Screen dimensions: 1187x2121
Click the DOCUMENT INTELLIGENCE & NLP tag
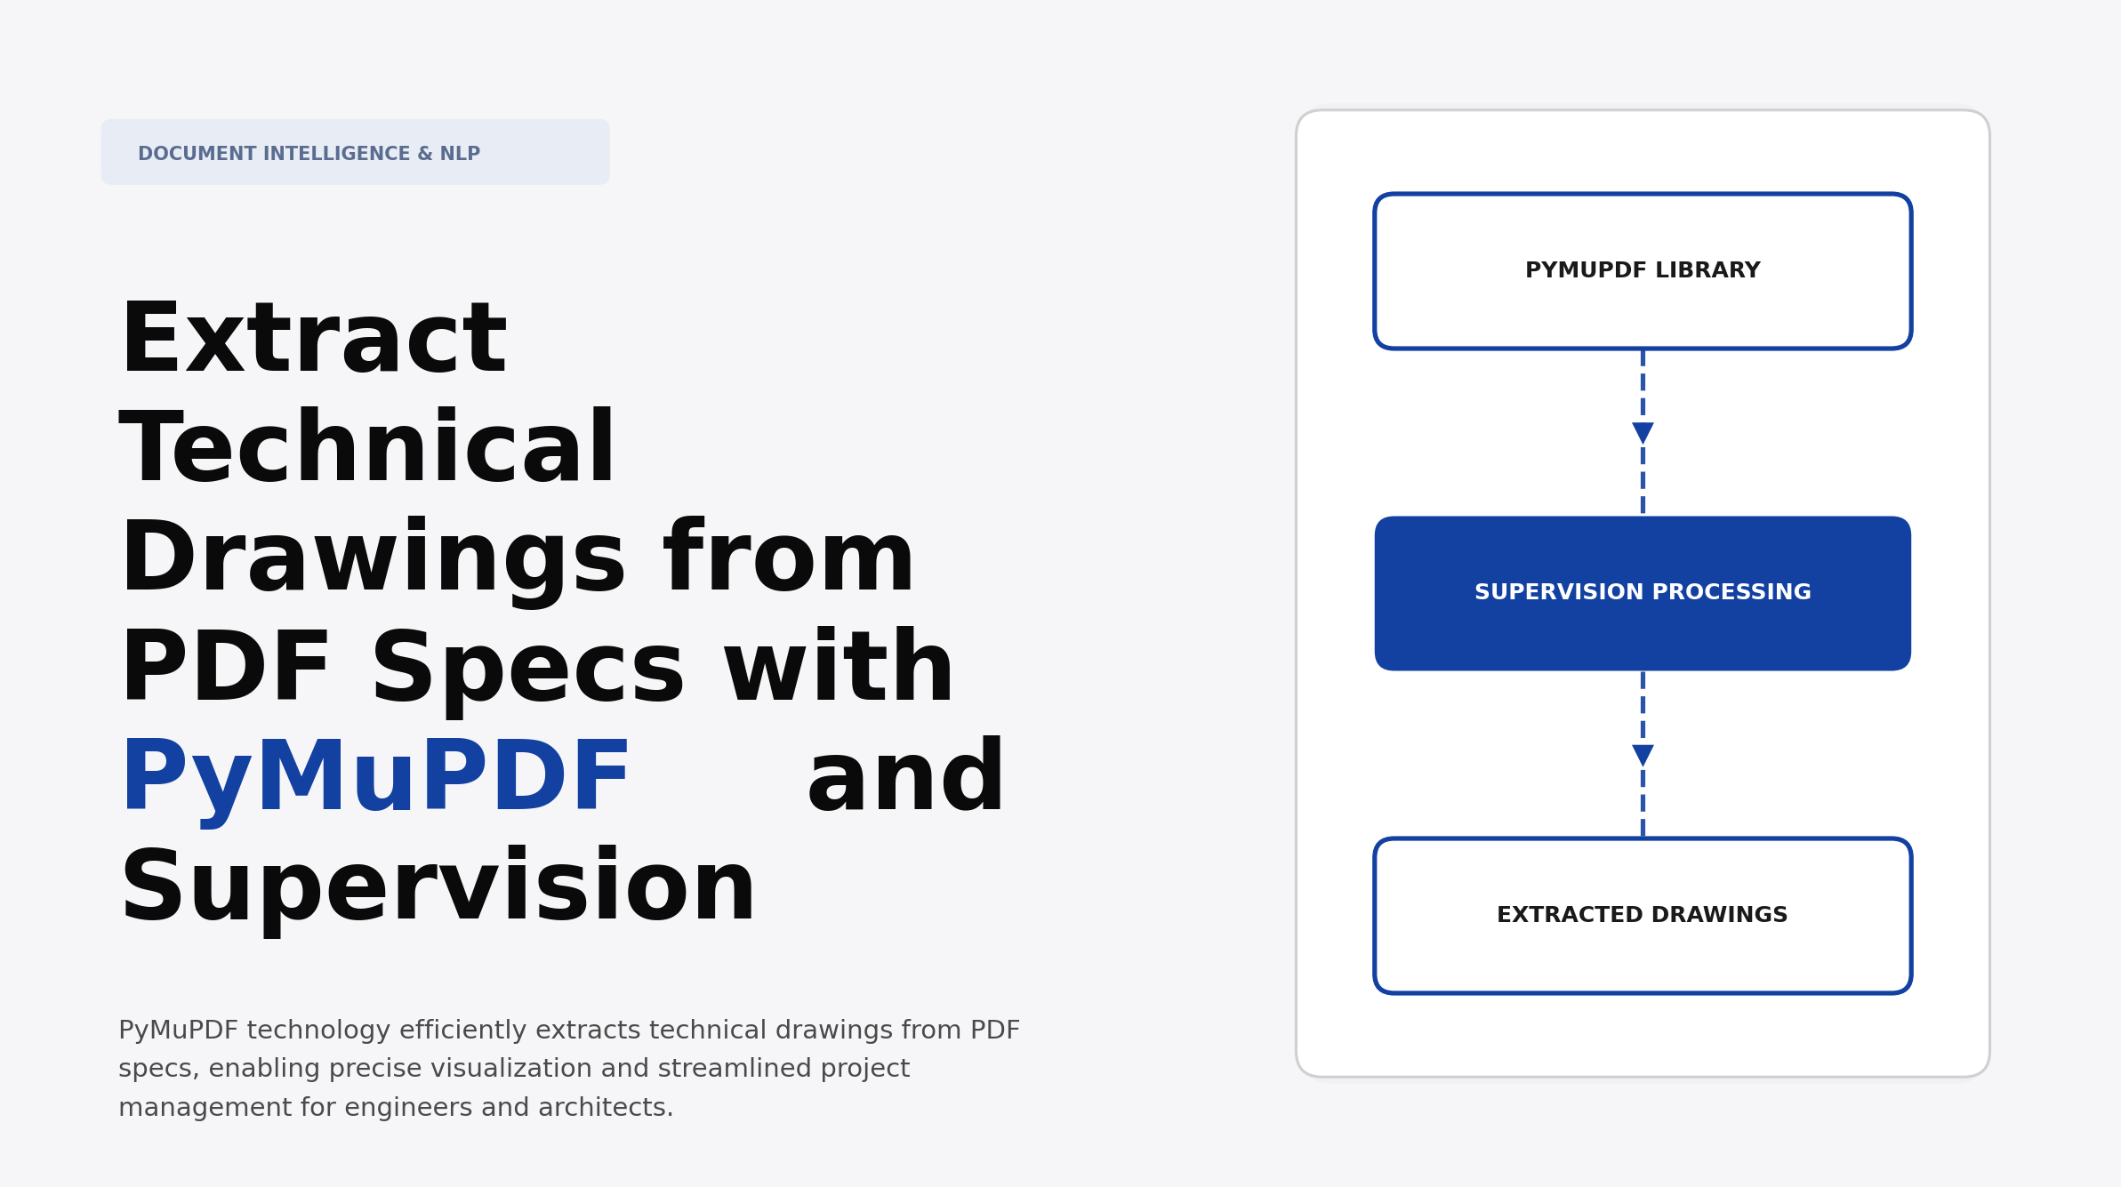tap(354, 153)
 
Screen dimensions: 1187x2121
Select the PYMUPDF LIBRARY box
tap(1642, 270)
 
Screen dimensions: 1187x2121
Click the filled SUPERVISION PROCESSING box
tap(1642, 593)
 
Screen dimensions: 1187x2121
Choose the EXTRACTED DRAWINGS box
tap(1642, 915)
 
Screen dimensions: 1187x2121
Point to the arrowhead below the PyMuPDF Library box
tap(1643, 433)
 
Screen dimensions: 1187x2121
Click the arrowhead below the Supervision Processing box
tap(1643, 756)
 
